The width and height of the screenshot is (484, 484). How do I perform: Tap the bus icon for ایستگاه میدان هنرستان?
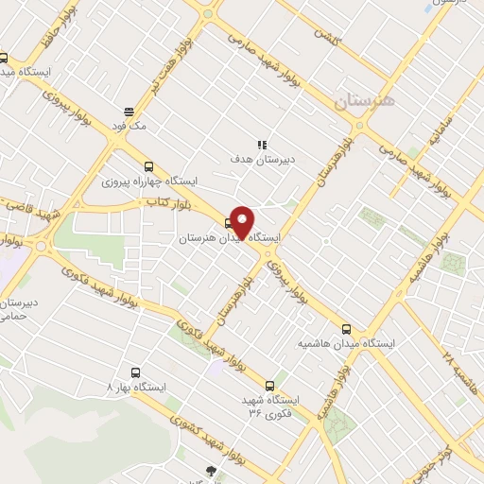pyautogui.click(x=229, y=224)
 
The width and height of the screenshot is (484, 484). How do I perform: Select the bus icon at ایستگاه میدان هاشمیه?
pyautogui.click(x=346, y=329)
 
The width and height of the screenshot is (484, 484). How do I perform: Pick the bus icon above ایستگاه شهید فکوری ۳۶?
pyautogui.click(x=269, y=385)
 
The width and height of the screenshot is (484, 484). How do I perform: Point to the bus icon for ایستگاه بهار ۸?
pyautogui.click(x=135, y=372)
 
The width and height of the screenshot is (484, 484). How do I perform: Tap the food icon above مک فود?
pyautogui.click(x=129, y=112)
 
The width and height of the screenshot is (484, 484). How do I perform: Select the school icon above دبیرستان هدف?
pyautogui.click(x=262, y=144)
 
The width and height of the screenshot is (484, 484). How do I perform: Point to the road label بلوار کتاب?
pyautogui.click(x=163, y=202)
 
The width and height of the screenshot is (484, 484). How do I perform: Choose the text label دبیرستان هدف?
pyautogui.click(x=264, y=160)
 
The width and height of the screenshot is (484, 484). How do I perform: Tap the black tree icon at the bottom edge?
pyautogui.click(x=210, y=470)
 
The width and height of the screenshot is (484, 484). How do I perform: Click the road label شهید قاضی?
pyautogui.click(x=26, y=209)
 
